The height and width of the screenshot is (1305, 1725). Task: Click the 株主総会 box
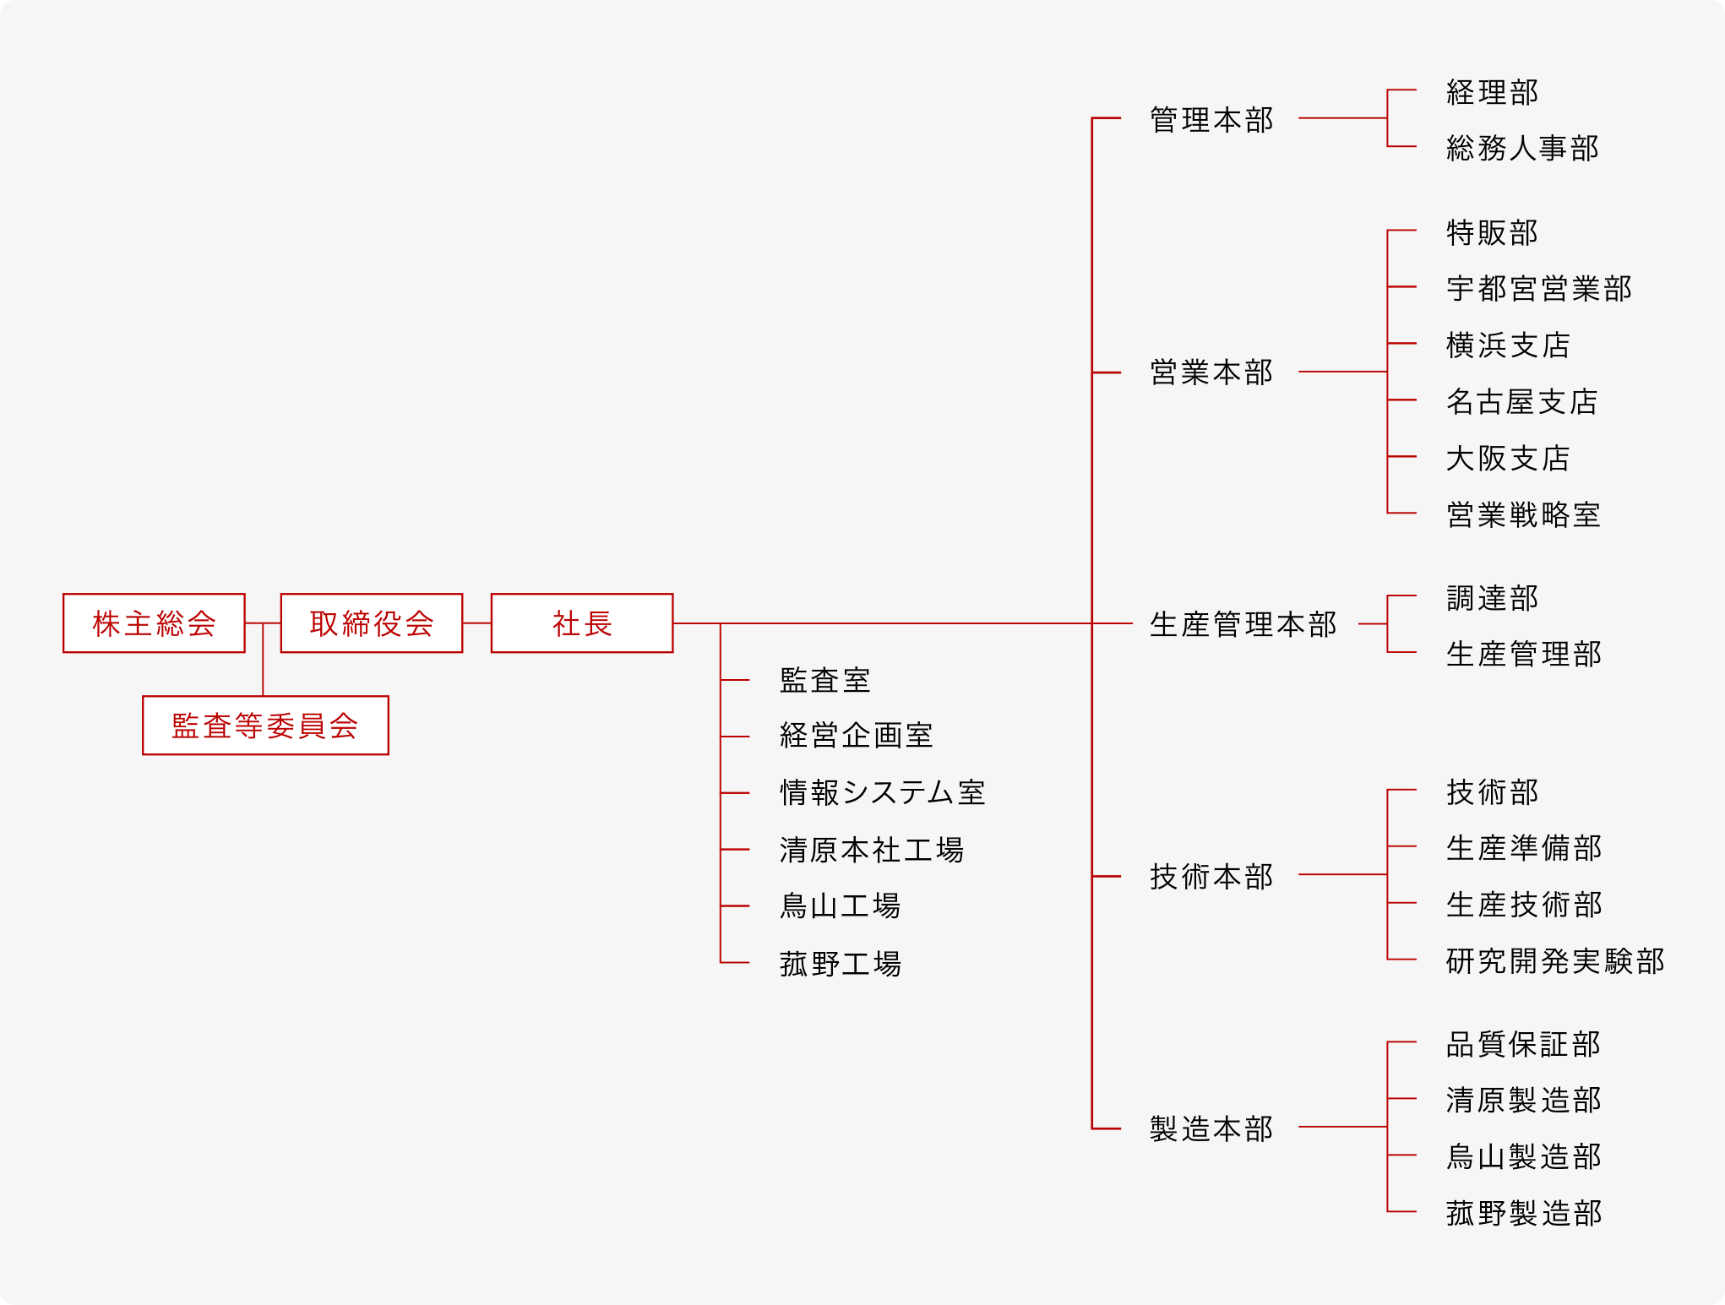coord(154,623)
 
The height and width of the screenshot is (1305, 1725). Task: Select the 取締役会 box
coord(372,623)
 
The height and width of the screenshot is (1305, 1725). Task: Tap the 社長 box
coord(582,623)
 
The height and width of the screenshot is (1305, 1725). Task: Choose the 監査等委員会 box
coord(265,726)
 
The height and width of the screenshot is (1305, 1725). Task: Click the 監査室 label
coord(825,680)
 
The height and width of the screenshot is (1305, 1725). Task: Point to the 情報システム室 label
coord(883,793)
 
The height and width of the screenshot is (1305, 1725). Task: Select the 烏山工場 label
coord(841,906)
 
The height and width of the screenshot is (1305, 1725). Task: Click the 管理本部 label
coord(1211,120)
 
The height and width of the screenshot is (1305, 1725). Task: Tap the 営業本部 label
coord(1211,372)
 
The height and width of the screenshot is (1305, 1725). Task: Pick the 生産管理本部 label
coord(1243,624)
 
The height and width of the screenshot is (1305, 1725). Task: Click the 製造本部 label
coord(1211,1128)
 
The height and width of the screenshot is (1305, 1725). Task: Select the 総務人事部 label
coord(1522,148)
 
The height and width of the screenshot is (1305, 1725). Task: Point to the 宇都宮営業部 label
coord(1538,289)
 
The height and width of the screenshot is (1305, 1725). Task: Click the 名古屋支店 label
coord(1522,402)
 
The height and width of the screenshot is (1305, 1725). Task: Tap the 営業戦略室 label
coord(1523,514)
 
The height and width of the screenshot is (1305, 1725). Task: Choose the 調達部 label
coord(1492,598)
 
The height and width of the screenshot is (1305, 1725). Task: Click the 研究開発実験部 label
coord(1555,961)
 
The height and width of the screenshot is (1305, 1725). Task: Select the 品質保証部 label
coord(1523,1045)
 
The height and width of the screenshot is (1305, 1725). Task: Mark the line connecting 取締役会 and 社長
coord(476,623)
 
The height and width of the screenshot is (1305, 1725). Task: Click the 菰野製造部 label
coord(1524,1214)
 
